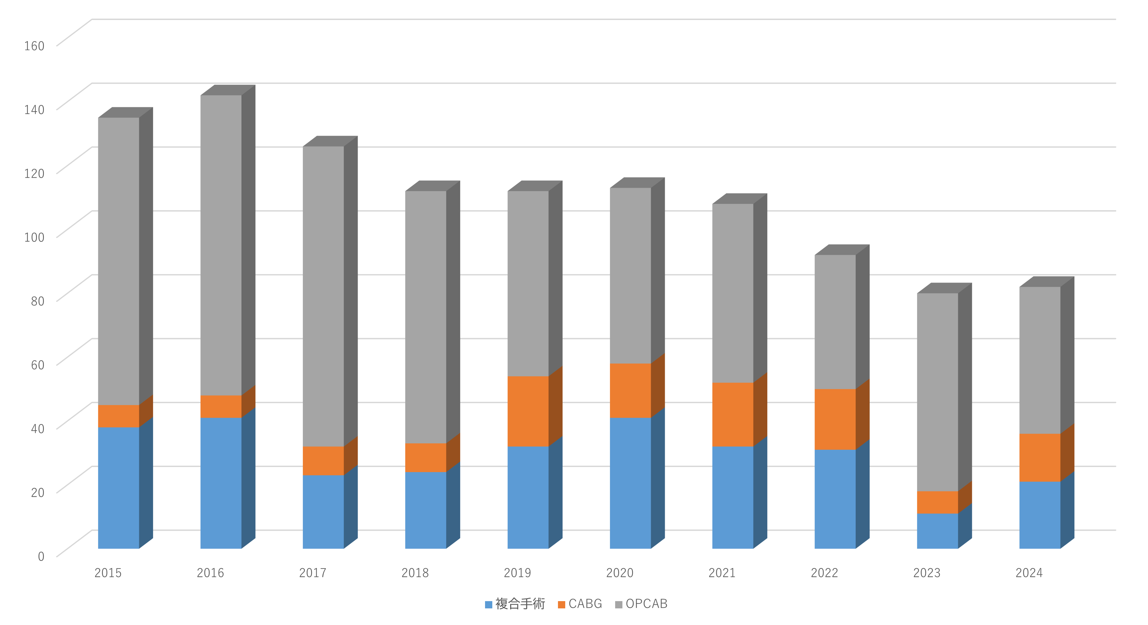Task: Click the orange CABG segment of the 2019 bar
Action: [528, 411]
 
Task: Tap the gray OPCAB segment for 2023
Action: [937, 392]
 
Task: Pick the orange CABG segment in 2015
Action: [119, 416]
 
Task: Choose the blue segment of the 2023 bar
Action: [937, 531]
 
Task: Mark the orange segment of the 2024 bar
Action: [1040, 457]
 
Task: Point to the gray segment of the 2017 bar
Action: [323, 296]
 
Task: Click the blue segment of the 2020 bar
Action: [630, 483]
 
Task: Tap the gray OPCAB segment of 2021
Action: [733, 293]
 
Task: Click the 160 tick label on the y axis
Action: [34, 46]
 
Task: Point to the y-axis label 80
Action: [38, 301]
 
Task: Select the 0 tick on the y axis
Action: [41, 556]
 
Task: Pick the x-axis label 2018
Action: [415, 573]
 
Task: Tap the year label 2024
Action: [1029, 573]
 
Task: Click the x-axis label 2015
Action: [108, 573]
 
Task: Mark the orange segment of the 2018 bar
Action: [426, 457]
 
